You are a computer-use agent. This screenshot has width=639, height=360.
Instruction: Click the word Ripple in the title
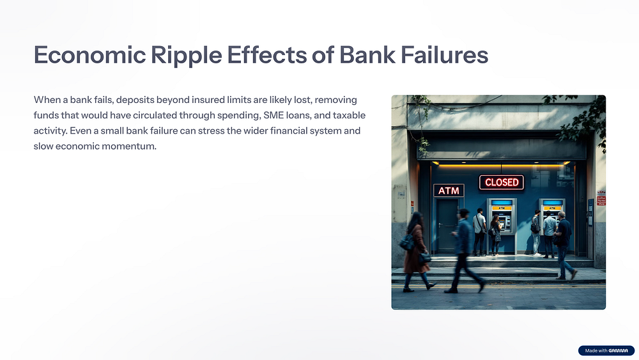(x=186, y=56)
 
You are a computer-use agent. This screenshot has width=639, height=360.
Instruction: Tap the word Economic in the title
(x=89, y=54)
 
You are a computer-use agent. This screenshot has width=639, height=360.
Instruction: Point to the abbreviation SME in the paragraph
(x=273, y=115)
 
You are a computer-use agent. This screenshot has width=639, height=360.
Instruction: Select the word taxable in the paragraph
(x=350, y=115)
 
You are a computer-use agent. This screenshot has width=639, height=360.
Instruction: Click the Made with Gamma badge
(x=606, y=350)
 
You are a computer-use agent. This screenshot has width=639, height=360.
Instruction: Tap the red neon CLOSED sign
(x=501, y=182)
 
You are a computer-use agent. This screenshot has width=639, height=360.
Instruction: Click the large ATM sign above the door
(x=449, y=191)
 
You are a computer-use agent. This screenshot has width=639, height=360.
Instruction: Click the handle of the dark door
(x=440, y=225)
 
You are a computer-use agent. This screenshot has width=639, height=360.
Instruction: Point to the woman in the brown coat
(x=416, y=251)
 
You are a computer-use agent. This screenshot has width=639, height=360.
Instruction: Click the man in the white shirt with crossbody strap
(x=480, y=231)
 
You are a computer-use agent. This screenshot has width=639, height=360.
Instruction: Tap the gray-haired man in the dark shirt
(x=564, y=245)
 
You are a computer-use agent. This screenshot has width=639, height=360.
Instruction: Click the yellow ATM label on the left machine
(x=501, y=208)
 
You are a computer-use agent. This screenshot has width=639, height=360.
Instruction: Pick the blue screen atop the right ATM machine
(x=553, y=203)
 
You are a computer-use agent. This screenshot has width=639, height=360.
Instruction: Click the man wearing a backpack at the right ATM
(x=536, y=233)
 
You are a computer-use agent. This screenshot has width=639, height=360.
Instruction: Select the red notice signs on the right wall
(x=601, y=198)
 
